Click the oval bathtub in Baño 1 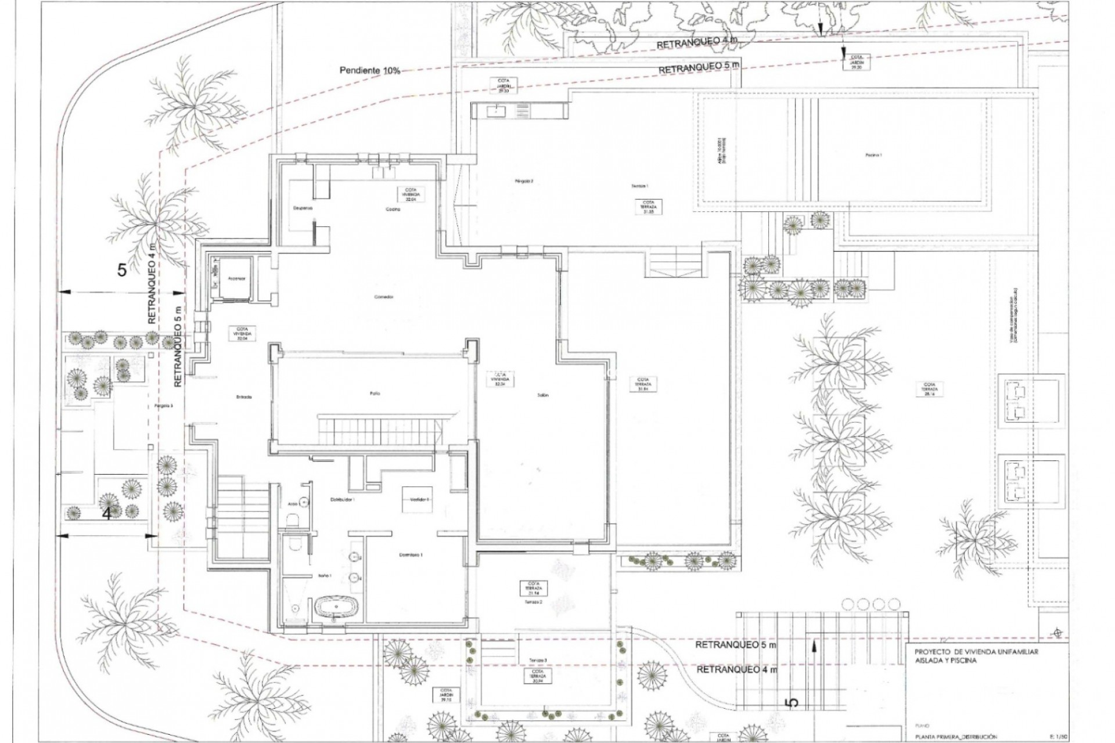336,608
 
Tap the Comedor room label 384,297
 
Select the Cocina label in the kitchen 393,210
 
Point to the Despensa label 303,207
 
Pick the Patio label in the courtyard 375,394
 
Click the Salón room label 542,395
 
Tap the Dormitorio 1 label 411,555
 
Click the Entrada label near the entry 244,397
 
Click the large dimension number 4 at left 107,514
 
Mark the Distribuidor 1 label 342,499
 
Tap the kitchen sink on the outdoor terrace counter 498,110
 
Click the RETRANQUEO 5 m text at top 699,67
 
